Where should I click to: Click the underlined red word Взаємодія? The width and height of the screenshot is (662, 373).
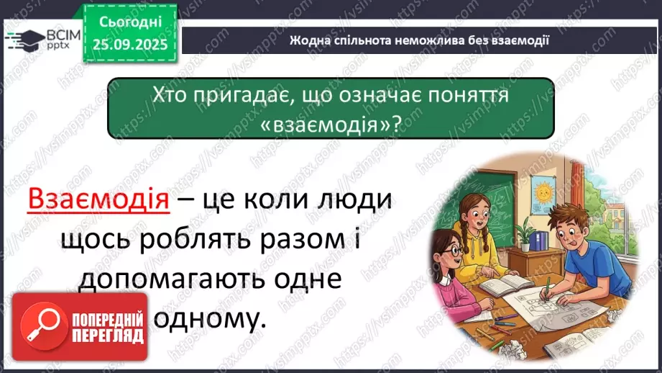pos(97,199)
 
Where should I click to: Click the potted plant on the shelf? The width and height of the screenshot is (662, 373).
pos(526,234)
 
